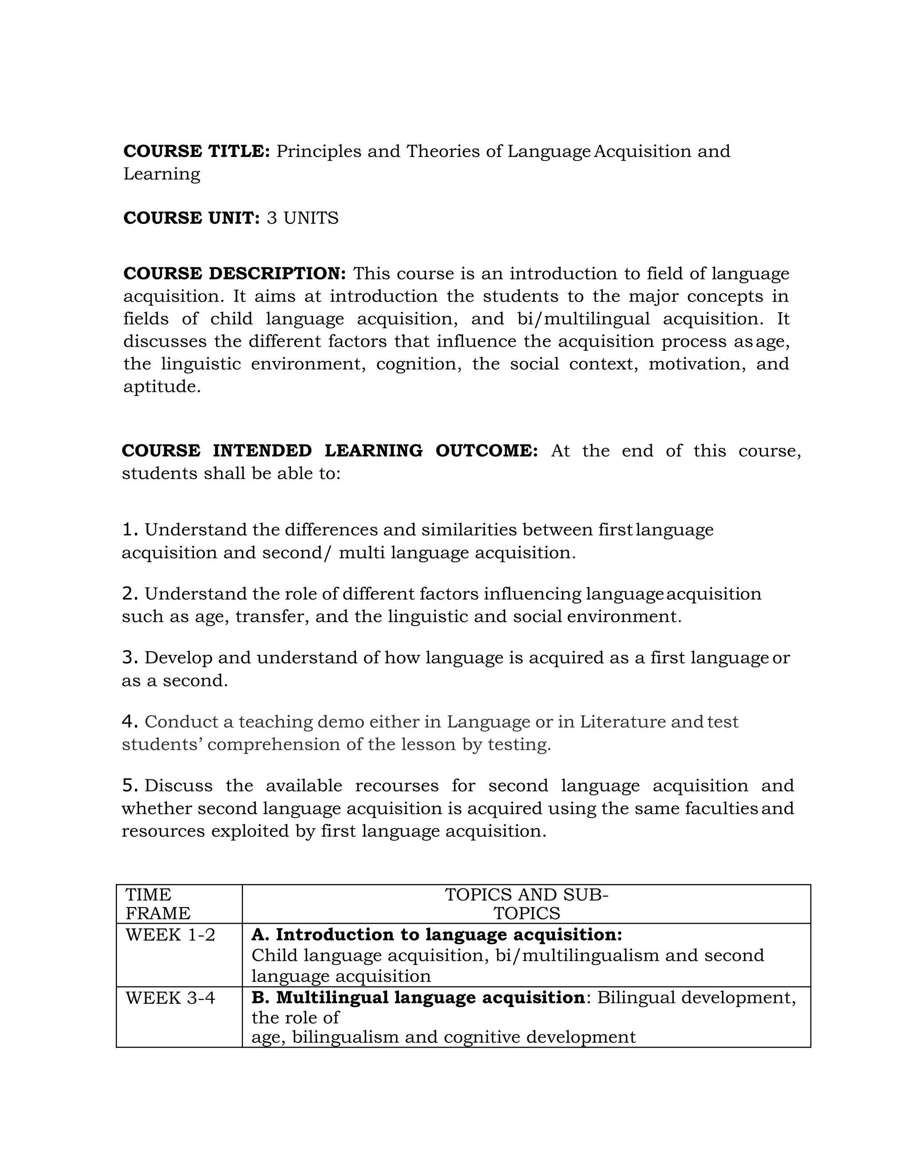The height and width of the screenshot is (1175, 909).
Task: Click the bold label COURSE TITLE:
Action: (197, 151)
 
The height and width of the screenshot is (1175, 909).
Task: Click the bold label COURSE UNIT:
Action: (191, 218)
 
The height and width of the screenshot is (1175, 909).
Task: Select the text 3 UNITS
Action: (303, 218)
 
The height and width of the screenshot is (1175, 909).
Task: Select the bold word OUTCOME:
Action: (486, 451)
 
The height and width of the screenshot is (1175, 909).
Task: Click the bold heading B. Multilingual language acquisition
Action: (418, 998)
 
